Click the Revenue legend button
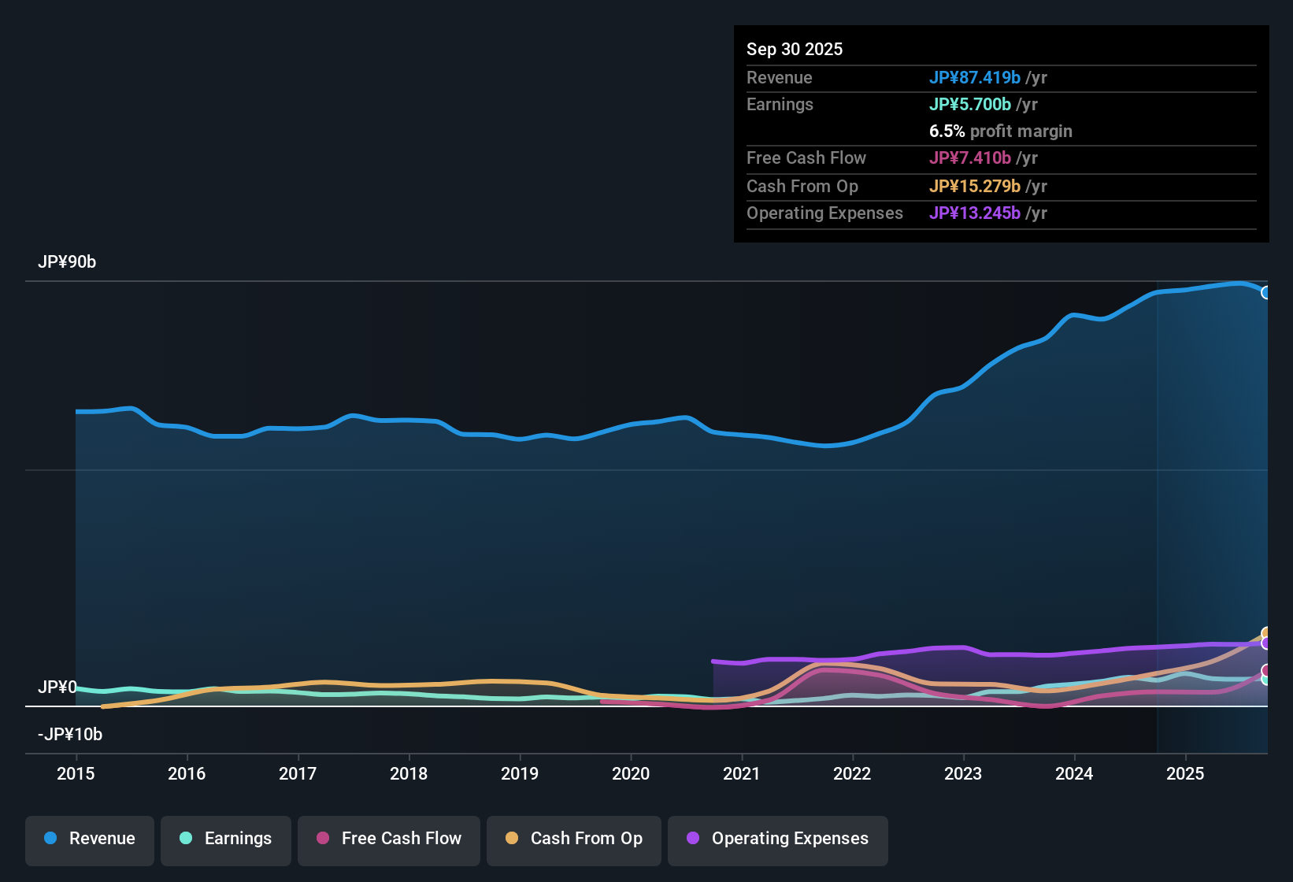(90, 839)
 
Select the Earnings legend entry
(226, 839)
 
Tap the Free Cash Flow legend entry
(389, 839)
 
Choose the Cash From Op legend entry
(574, 839)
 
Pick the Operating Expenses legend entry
(778, 839)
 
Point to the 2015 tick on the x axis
(76, 773)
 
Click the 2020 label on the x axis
(631, 773)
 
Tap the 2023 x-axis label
(963, 773)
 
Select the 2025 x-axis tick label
(1185, 773)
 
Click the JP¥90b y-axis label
(67, 262)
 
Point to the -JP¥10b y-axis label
(70, 735)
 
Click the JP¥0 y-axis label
(57, 687)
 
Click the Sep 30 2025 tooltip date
(795, 49)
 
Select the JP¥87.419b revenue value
(975, 77)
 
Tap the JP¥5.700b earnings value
(970, 104)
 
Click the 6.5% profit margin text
(1001, 131)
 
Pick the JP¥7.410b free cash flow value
(970, 157)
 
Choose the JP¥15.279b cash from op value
(975, 186)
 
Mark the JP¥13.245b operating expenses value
(975, 213)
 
